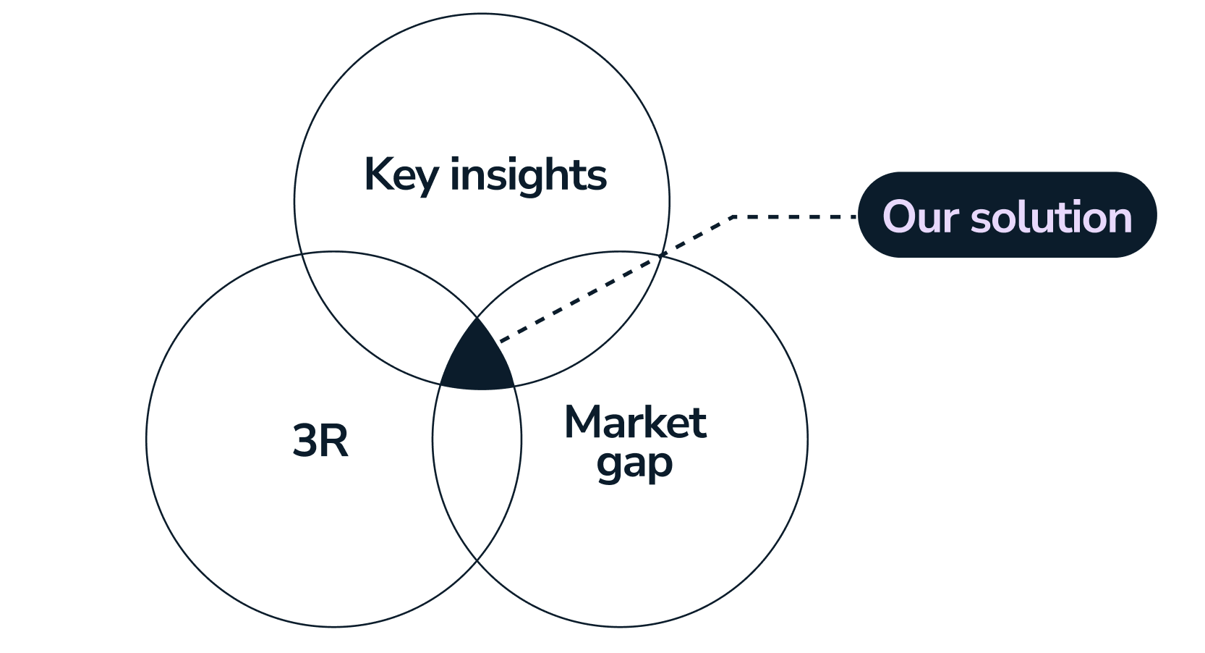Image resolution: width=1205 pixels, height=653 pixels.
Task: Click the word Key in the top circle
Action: [400, 175]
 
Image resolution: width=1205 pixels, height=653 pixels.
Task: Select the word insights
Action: [528, 175]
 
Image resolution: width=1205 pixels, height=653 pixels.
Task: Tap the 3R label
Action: [320, 441]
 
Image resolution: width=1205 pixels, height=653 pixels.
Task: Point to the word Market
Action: [635, 423]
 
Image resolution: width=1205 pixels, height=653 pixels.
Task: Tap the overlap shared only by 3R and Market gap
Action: [477, 463]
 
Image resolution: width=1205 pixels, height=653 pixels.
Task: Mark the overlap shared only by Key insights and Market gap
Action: [571, 319]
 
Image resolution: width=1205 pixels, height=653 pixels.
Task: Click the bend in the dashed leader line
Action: [733, 216]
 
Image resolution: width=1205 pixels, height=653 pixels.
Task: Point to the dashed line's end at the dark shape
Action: [501, 340]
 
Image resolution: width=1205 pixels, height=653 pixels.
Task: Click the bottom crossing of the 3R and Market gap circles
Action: [477, 561]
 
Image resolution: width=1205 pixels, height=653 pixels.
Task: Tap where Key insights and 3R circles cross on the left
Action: [302, 254]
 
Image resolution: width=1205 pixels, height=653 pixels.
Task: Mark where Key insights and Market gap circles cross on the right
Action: [662, 254]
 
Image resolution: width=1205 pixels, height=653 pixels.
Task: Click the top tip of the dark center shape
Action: [477, 319]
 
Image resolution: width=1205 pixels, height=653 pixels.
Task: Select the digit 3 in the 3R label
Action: [305, 441]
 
